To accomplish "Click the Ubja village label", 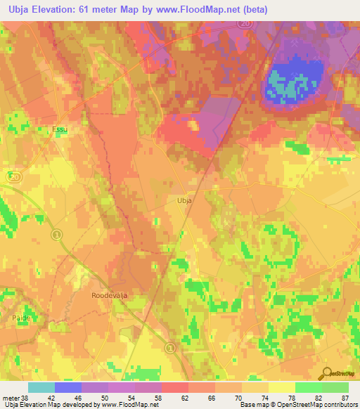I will pos(184,200).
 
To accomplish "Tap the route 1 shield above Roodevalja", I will pos(58,233).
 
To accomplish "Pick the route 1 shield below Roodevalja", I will pos(169,347).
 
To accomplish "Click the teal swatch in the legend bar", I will pos(41,387).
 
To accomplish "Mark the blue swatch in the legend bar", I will pos(68,387).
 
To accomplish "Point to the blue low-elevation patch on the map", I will pos(296,77).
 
